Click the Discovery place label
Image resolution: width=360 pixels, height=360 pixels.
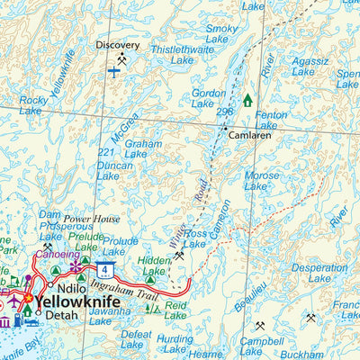tap(118, 44)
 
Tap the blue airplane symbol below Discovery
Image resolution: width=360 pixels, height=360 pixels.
tap(114, 70)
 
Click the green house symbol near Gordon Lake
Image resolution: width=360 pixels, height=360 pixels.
tap(247, 100)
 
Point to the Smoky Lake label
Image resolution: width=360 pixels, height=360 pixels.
tap(221, 34)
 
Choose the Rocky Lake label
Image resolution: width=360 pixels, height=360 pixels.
tap(32, 105)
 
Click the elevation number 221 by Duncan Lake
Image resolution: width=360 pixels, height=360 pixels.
tap(106, 154)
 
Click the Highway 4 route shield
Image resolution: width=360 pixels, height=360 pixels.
tap(106, 269)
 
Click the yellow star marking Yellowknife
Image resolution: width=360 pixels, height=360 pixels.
tap(28, 298)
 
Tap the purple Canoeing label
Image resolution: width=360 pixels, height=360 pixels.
tap(56, 255)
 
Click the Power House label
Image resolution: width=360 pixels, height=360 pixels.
tap(91, 218)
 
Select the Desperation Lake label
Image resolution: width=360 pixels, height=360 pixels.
tap(319, 273)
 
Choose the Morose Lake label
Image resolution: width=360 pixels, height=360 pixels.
tap(262, 181)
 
